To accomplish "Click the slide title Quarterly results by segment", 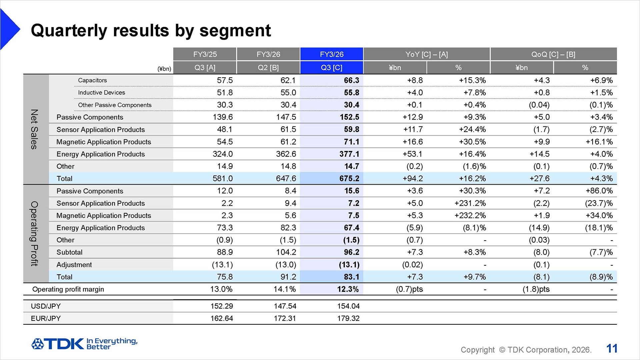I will (x=151, y=30).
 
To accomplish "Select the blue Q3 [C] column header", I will (x=331, y=68).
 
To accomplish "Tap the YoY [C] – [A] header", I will (x=426, y=54).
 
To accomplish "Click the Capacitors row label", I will (x=92, y=80).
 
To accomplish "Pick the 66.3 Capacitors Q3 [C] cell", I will (x=351, y=80).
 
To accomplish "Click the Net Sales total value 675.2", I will (x=349, y=179).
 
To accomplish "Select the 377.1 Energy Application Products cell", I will (x=349, y=154).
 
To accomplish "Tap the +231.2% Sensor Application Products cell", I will (x=470, y=203).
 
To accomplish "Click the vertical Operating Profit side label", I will (x=34, y=233).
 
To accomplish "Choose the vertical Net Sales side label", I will (x=34, y=129).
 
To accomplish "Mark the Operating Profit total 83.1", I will (x=351, y=277).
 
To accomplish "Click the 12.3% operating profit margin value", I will (x=348, y=289).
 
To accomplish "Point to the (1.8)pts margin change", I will (x=536, y=289).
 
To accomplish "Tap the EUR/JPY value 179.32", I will (x=348, y=318).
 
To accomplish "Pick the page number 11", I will (x=612, y=349).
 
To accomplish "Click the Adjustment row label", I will (x=74, y=265).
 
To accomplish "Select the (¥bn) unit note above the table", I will (x=164, y=69).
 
